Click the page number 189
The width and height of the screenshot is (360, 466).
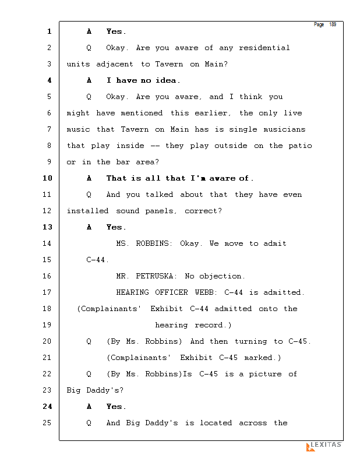pyautogui.click(x=333, y=24)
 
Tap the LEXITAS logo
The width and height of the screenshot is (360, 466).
pyautogui.click(x=324, y=446)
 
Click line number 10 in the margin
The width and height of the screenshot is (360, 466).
pyautogui.click(x=47, y=178)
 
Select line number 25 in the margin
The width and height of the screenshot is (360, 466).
pyautogui.click(x=47, y=423)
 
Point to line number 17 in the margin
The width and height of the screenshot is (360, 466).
pyautogui.click(x=47, y=292)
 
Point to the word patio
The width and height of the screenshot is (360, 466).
pyautogui.click(x=301, y=146)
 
